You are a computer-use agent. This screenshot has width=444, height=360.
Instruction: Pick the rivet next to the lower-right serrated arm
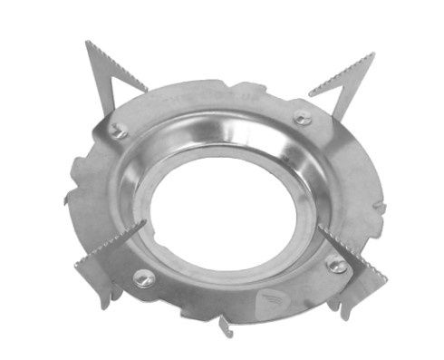(336, 265)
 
